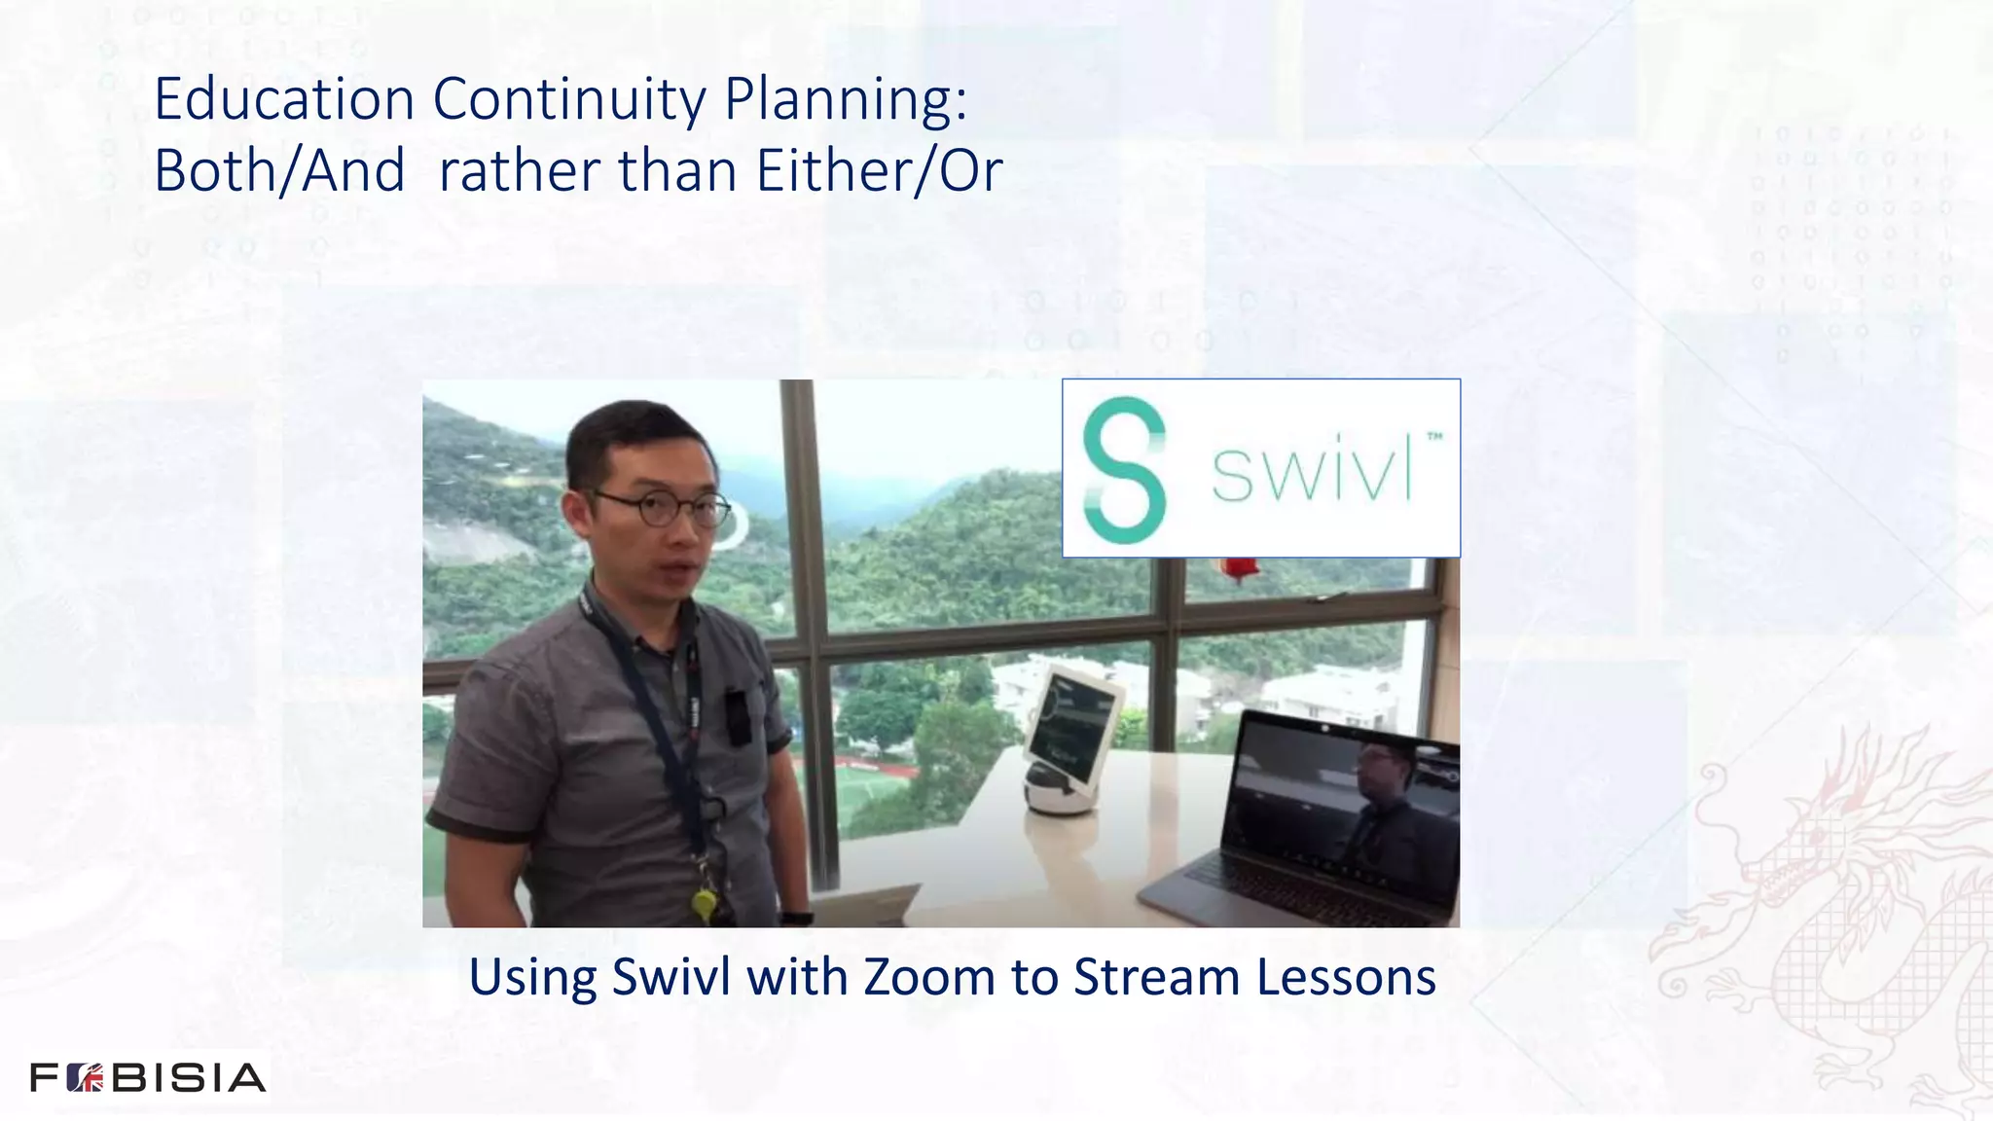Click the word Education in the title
click(x=285, y=99)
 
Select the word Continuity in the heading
click(x=568, y=101)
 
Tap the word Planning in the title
click(x=845, y=101)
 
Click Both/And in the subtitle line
click(x=279, y=171)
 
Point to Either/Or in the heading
click(x=879, y=171)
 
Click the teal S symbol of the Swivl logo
click(x=1125, y=468)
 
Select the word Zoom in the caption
click(x=929, y=977)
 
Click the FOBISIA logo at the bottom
click(x=148, y=1077)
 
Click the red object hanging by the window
click(x=1241, y=568)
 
